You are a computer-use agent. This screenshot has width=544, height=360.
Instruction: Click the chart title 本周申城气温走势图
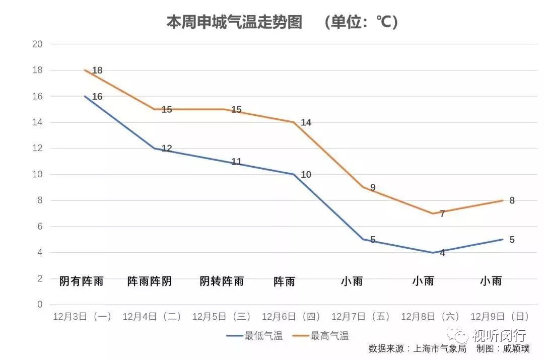click(234, 22)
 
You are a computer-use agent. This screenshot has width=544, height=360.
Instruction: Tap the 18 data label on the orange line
click(97, 70)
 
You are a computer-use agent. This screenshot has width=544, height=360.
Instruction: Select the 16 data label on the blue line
click(97, 96)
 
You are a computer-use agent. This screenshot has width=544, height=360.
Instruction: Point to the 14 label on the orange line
click(306, 122)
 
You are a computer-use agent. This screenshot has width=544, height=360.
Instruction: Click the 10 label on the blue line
click(306, 175)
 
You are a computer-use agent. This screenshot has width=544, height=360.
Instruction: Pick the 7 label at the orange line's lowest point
click(442, 214)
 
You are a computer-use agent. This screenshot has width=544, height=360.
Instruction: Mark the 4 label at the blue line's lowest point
click(442, 253)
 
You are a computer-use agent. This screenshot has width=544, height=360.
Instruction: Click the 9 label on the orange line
click(373, 188)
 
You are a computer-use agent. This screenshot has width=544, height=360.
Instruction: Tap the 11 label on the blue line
click(236, 162)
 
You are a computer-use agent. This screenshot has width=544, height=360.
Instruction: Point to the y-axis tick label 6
click(39, 227)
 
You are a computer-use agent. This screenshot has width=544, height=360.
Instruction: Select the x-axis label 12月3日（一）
click(82, 316)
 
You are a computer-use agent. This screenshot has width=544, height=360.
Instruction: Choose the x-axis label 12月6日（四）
click(291, 316)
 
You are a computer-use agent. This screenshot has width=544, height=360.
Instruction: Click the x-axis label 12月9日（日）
click(500, 316)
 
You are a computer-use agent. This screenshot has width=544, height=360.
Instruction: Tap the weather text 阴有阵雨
click(81, 281)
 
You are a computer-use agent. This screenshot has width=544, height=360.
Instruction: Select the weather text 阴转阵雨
click(222, 281)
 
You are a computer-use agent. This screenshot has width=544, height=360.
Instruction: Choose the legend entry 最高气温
click(329, 336)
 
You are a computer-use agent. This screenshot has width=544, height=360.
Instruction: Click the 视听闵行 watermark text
click(499, 335)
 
